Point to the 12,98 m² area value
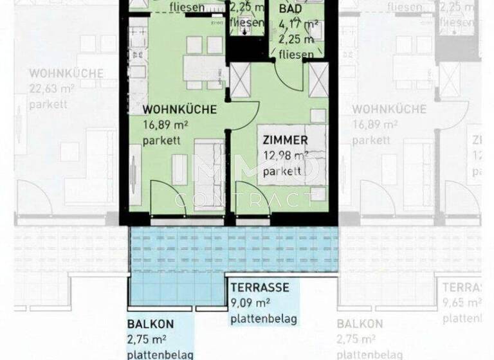click(286, 155)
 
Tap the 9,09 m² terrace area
click(250, 303)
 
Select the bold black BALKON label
click(151, 325)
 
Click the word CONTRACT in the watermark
click(245, 200)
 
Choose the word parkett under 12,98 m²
click(282, 171)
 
